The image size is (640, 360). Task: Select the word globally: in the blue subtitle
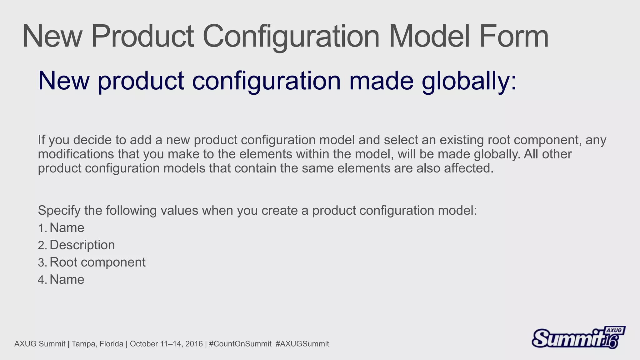[x=469, y=81]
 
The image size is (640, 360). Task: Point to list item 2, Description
[x=82, y=245]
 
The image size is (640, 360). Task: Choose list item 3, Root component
[x=97, y=262]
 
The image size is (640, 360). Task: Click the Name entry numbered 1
[x=67, y=228]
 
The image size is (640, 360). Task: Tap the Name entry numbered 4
[x=67, y=279]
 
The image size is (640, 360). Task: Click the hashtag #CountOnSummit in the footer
[x=240, y=344]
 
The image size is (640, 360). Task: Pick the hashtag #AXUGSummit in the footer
[x=302, y=344]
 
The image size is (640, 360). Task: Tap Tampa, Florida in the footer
[x=97, y=344]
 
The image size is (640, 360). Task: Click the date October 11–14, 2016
[x=166, y=344]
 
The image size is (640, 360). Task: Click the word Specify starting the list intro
[x=59, y=211]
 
